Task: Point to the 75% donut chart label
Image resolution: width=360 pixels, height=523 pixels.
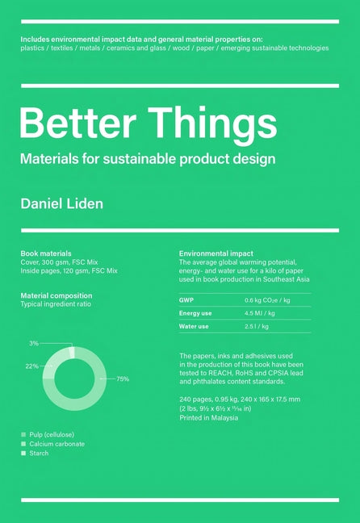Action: click(123, 379)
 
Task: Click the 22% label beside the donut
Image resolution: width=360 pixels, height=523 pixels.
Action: click(32, 366)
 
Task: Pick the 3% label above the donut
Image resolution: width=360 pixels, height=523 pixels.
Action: click(34, 343)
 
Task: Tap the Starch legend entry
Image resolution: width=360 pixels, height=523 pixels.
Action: click(39, 454)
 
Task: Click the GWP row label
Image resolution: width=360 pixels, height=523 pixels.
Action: click(186, 299)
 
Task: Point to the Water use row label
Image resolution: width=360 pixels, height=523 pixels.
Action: click(195, 327)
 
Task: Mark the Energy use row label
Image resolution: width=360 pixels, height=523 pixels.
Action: click(195, 313)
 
